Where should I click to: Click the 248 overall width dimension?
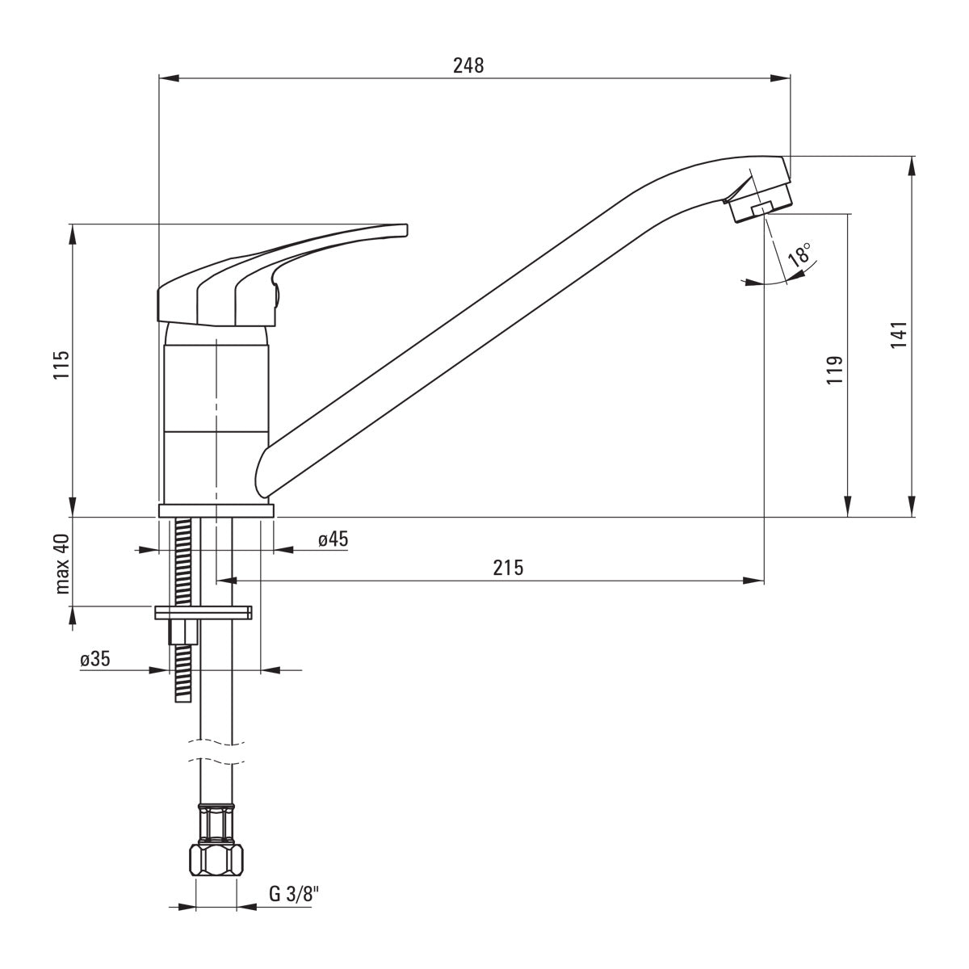468,66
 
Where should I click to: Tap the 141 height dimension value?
899,335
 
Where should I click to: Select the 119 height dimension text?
834,369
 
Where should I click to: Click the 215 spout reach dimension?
509,568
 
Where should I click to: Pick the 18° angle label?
799,257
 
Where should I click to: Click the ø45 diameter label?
333,539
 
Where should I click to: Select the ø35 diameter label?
95,659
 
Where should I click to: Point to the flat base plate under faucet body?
216,510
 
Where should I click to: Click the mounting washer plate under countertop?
203,612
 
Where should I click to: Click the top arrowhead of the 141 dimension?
913,165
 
